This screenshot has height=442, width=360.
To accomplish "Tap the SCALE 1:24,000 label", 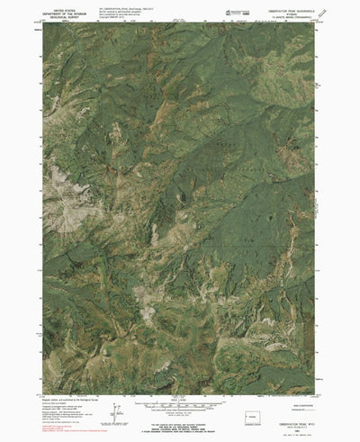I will tap(181, 375).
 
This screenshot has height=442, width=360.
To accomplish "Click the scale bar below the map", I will tap(181, 382).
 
